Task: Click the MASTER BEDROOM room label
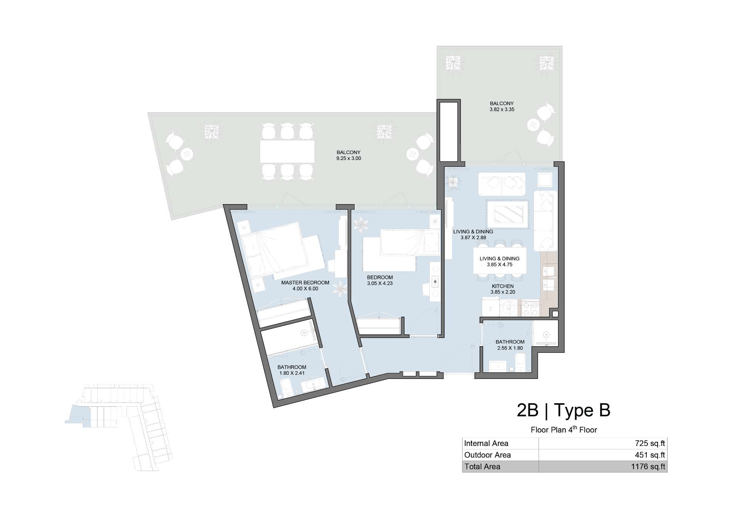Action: tap(305, 282)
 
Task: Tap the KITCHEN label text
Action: tap(503, 286)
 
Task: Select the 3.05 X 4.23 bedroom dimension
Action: tap(380, 283)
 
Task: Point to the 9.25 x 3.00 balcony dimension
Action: tap(348, 158)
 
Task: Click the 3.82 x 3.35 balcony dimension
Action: tap(502, 109)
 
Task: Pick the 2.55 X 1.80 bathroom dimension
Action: tap(510, 348)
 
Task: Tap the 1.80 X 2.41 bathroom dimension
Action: tap(291, 373)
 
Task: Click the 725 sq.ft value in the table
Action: tap(650, 444)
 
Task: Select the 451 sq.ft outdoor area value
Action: tap(650, 455)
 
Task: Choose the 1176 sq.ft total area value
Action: tap(648, 467)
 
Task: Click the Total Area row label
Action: tap(482, 467)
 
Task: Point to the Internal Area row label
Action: tap(486, 444)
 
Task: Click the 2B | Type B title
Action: tap(563, 411)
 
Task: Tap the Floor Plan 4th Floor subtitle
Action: tap(563, 429)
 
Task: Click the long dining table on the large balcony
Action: tap(287, 151)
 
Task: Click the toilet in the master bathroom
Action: tap(286, 388)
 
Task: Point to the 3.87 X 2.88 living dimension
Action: tap(473, 238)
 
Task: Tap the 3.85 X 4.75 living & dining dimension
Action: tap(499, 265)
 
